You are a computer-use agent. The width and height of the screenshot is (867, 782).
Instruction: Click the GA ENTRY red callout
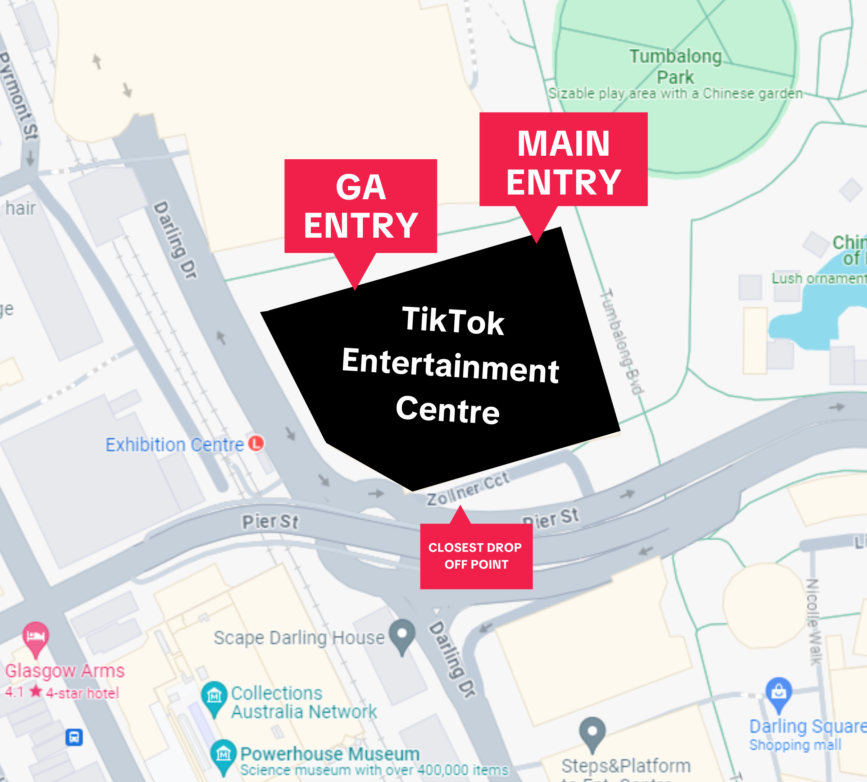pyautogui.click(x=361, y=206)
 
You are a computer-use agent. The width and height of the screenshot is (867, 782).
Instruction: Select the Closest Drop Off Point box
pyautogui.click(x=476, y=556)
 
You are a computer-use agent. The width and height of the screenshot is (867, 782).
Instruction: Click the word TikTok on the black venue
pyautogui.click(x=453, y=320)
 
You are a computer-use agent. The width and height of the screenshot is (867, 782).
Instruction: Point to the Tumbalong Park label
pyautogui.click(x=675, y=67)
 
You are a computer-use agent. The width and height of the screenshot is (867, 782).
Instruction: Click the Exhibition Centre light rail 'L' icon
pyautogui.click(x=256, y=443)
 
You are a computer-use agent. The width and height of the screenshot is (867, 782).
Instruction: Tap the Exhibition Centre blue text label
pyautogui.click(x=175, y=445)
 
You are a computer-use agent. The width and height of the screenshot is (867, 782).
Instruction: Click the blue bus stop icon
pyautogui.click(x=74, y=737)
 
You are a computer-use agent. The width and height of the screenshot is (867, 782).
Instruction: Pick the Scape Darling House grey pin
pyautogui.click(x=402, y=635)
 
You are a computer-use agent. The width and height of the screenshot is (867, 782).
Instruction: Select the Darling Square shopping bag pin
pyautogui.click(x=778, y=692)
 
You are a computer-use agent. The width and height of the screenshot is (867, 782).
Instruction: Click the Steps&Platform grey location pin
pyautogui.click(x=592, y=732)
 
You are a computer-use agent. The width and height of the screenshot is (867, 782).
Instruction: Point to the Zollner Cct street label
pyautogui.click(x=468, y=489)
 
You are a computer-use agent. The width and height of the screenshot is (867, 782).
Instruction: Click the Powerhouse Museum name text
pyautogui.click(x=330, y=754)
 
